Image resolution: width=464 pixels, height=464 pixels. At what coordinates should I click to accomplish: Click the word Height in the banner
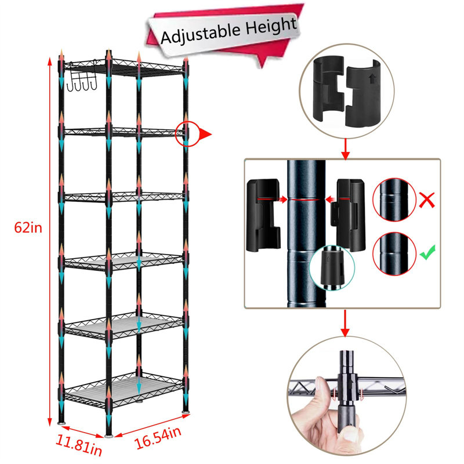[x=270, y=26]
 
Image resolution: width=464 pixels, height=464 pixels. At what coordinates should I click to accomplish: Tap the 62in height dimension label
[x=28, y=228]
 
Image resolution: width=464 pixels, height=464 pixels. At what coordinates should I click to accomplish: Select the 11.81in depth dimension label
[x=79, y=444]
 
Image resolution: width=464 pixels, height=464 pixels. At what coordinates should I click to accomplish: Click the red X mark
[x=427, y=200]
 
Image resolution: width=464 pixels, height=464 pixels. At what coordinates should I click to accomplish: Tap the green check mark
[x=427, y=252]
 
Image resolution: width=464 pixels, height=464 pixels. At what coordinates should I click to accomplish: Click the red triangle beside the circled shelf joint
[x=205, y=134]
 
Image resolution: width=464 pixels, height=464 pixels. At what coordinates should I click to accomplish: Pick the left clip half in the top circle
[x=329, y=88]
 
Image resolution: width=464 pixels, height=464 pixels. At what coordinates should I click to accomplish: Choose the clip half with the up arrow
[x=363, y=93]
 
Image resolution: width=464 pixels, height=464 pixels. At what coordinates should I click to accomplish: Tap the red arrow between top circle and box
[x=345, y=149]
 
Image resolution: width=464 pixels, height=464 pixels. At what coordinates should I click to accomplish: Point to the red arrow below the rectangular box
[x=345, y=323]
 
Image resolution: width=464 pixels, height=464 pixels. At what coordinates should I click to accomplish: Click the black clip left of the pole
[x=263, y=215]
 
